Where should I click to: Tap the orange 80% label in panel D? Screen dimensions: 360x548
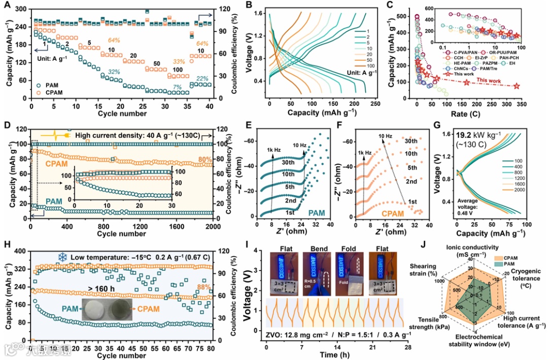(x=205, y=160)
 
